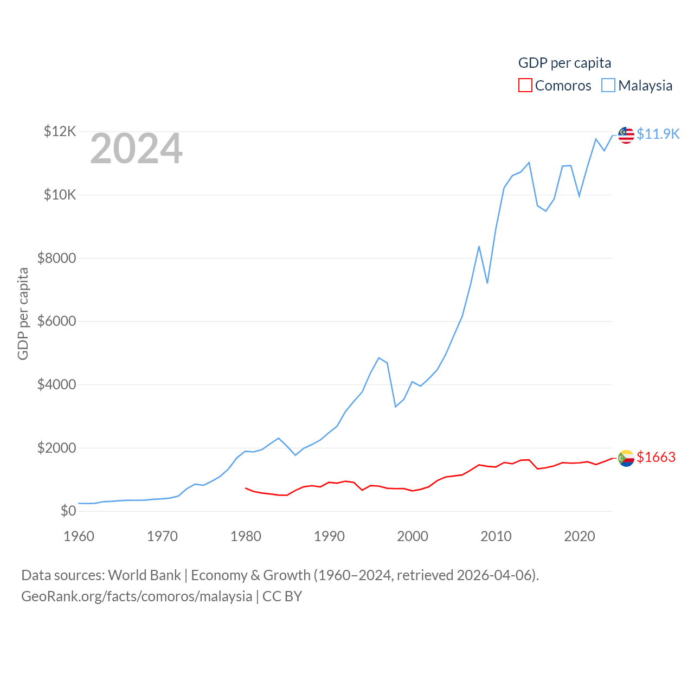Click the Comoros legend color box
[525, 86]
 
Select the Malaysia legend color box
[608, 86]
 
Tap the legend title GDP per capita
[564, 63]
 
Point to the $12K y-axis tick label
[60, 131]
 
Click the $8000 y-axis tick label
[56, 258]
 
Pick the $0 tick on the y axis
[68, 511]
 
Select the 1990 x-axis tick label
[329, 536]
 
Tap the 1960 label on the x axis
[79, 536]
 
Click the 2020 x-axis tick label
[580, 536]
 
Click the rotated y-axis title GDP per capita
[23, 313]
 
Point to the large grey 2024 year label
[136, 149]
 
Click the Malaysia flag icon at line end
[626, 135]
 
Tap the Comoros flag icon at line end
[626, 458]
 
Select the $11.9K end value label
[658, 134]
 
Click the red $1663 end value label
[656, 457]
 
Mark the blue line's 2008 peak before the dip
[479, 247]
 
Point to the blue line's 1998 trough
[396, 407]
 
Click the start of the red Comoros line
[246, 488]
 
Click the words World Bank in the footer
[144, 575]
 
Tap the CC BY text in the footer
[282, 596]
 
